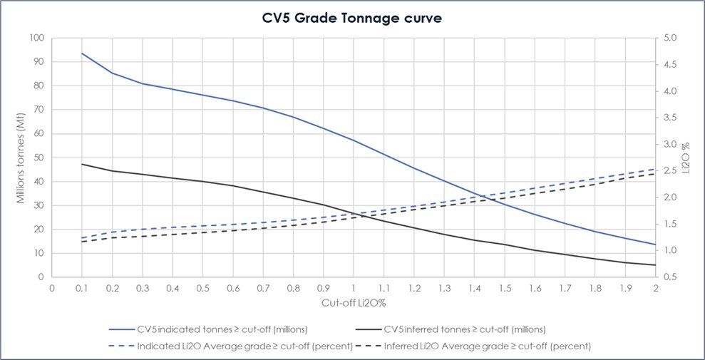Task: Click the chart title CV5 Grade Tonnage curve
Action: point(351,18)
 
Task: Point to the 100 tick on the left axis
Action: point(36,38)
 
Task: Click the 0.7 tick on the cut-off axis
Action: point(263,289)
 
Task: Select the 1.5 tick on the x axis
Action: point(504,289)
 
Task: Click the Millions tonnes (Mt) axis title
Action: point(21,157)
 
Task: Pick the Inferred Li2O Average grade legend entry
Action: point(477,346)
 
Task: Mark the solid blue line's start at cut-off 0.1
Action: point(82,53)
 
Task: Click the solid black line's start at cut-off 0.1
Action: point(82,164)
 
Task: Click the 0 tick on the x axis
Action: point(52,289)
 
